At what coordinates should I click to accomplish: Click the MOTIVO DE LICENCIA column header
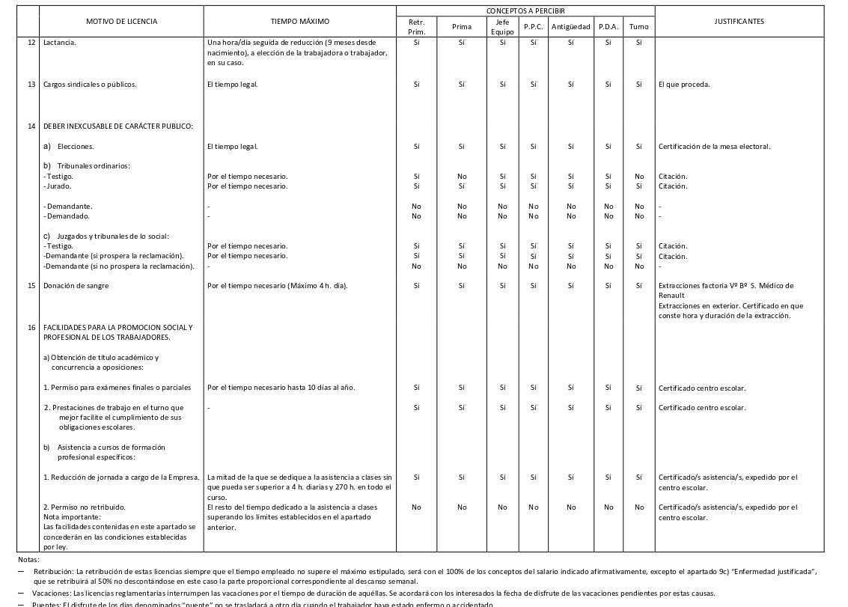[121, 22]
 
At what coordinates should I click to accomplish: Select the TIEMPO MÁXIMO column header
[299, 22]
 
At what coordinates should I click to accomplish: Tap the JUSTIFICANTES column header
[739, 22]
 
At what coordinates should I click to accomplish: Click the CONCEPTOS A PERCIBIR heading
[525, 11]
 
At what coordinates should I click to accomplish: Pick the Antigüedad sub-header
[570, 27]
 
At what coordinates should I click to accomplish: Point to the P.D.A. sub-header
[608, 27]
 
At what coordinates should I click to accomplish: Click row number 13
[31, 85]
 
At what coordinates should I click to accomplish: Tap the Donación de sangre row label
[76, 286]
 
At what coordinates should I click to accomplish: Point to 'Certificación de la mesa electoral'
[714, 147]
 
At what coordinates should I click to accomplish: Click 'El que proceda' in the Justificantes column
[684, 85]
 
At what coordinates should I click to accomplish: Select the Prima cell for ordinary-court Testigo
[462, 177]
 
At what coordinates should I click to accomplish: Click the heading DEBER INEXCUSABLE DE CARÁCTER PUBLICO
[118, 126]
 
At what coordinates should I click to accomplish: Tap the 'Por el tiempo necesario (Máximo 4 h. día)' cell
[278, 286]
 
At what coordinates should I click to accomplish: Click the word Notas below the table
[28, 560]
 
